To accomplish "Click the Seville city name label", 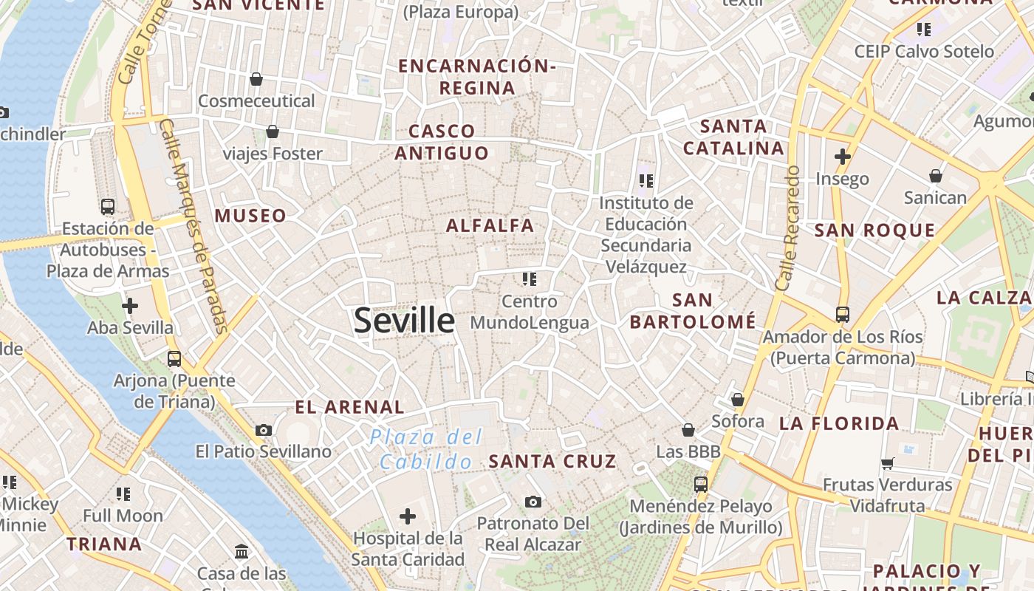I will click(x=404, y=321).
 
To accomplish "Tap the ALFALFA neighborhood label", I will click(x=490, y=225).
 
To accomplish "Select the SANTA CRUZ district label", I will click(x=552, y=462).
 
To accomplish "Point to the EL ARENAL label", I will click(x=349, y=407).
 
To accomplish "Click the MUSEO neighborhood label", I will click(x=250, y=216).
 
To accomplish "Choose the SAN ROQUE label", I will click(x=874, y=230).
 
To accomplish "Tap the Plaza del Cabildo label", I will click(x=425, y=449).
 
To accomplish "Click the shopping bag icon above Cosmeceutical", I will click(x=256, y=78).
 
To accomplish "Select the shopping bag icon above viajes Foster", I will click(x=273, y=131).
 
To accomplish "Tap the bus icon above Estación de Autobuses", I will click(x=108, y=206).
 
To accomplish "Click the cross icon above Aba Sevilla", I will click(x=130, y=305).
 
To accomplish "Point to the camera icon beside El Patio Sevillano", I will click(x=264, y=430).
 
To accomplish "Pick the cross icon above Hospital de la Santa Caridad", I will click(x=407, y=516).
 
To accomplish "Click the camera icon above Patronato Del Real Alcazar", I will click(x=533, y=502).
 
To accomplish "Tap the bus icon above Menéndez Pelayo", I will click(x=700, y=485).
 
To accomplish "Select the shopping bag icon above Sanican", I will click(x=935, y=176).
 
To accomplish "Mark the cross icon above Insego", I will click(x=842, y=157).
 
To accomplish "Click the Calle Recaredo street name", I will click(x=788, y=228).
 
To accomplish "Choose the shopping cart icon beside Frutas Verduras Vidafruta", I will click(x=887, y=463).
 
